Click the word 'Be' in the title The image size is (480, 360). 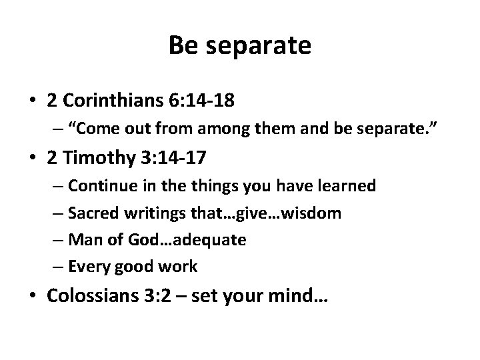181,45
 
